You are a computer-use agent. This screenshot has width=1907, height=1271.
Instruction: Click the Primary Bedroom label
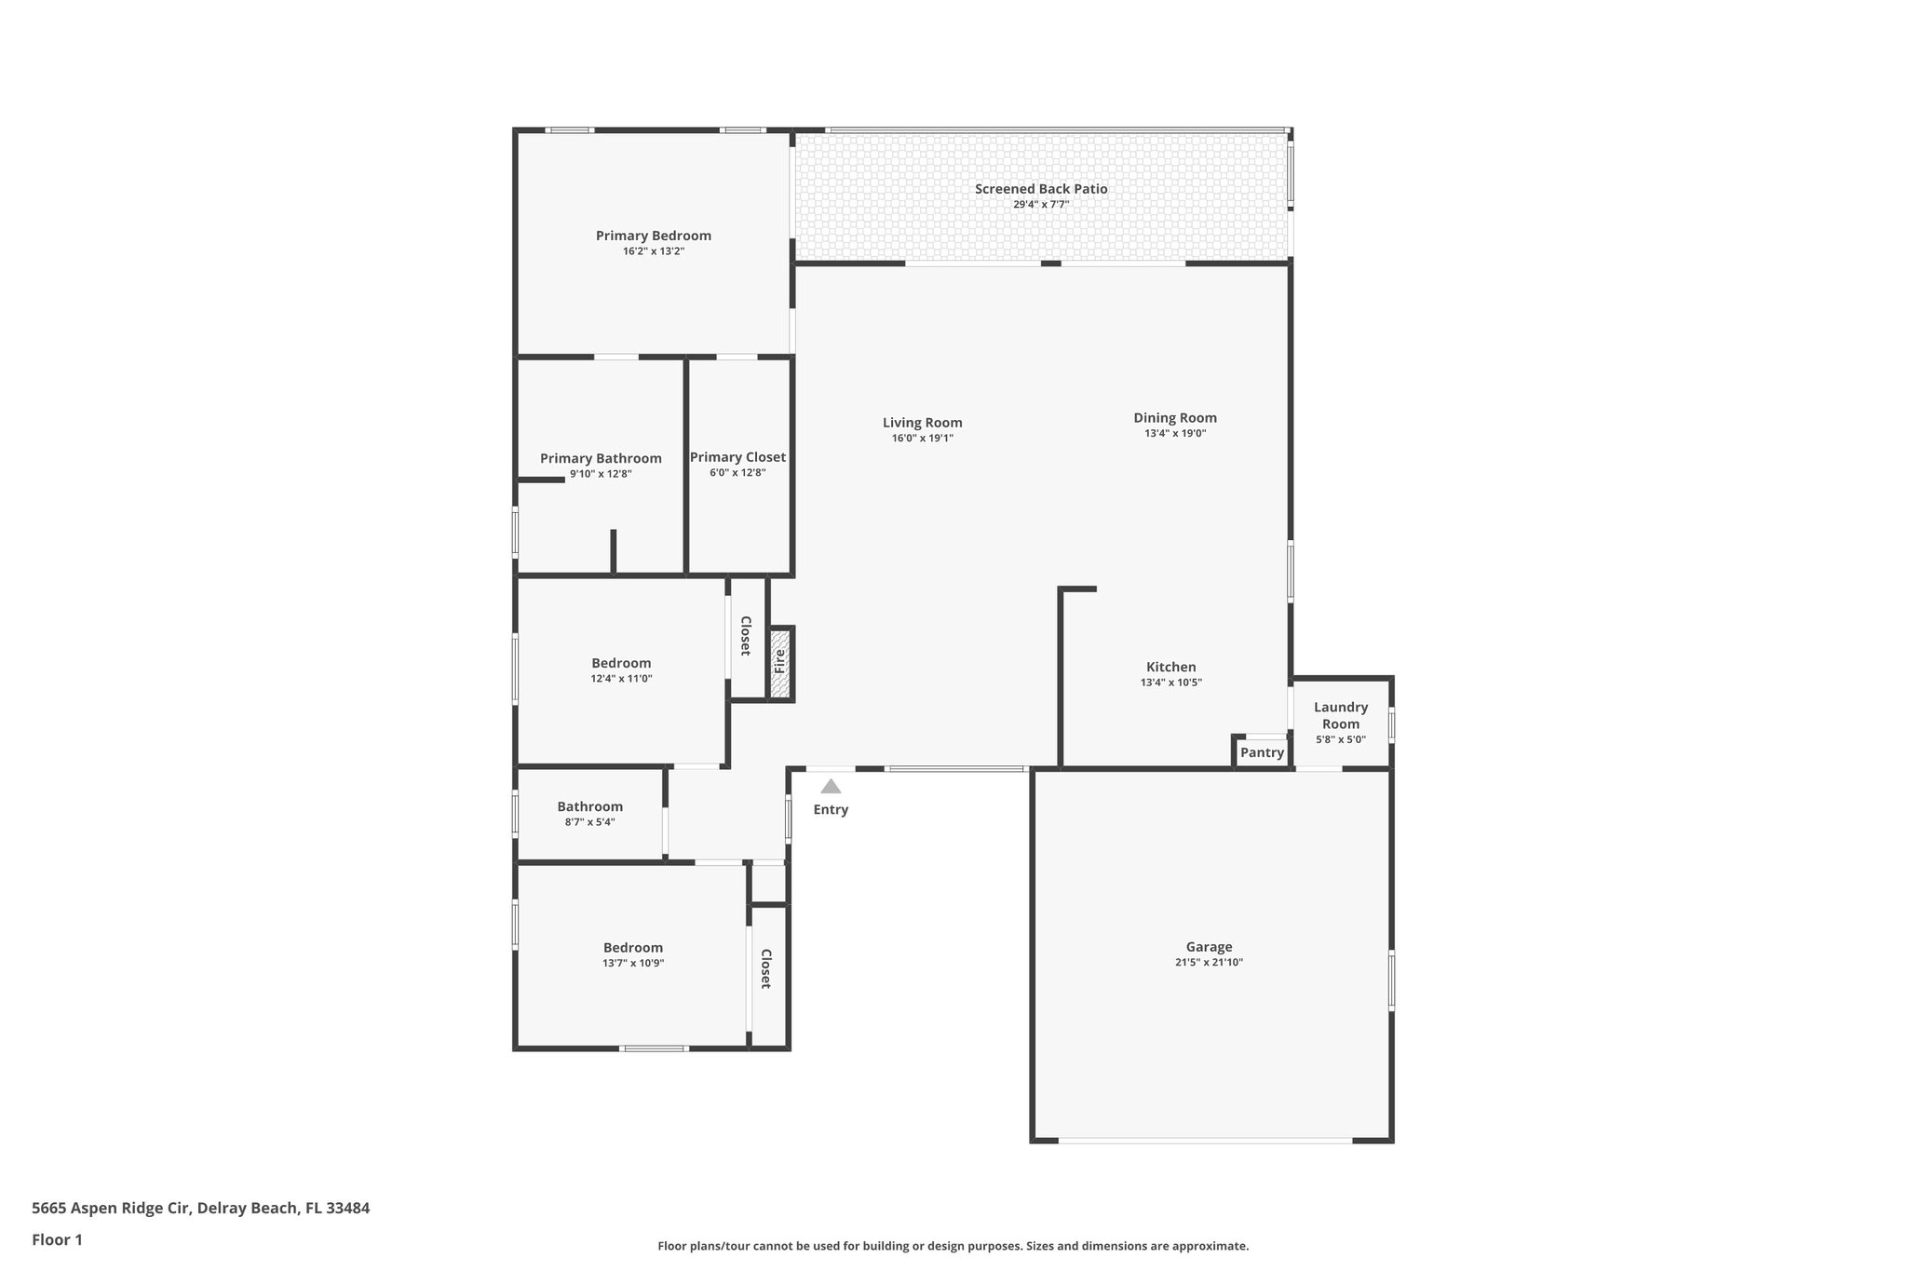(653, 236)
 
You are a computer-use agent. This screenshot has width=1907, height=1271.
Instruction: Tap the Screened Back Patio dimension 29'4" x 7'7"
(1041, 204)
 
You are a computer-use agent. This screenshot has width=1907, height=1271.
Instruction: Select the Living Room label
(922, 423)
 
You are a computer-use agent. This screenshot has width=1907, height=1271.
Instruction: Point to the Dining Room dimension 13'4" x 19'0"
(1175, 433)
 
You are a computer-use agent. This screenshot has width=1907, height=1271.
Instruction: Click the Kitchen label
(1170, 667)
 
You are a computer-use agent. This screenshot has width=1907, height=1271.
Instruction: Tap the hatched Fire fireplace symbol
(780, 663)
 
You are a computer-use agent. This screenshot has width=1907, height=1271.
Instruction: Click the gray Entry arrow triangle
(831, 787)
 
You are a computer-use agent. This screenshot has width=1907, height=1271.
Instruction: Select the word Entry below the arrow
(831, 810)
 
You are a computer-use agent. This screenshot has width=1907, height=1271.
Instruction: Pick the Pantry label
(1262, 752)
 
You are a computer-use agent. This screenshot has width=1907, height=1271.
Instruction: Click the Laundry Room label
(1341, 715)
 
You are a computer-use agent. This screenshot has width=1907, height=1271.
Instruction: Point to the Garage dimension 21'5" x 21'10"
(1209, 963)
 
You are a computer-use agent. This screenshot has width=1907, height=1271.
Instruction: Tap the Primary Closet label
(737, 457)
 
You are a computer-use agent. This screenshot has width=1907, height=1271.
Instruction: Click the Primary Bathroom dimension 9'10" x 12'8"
(601, 474)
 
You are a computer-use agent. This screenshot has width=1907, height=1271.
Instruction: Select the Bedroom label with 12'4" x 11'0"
(621, 663)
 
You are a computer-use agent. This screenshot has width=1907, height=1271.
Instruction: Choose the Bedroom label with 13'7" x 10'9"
(632, 948)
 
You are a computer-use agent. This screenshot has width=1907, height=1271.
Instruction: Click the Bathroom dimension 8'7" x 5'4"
(589, 822)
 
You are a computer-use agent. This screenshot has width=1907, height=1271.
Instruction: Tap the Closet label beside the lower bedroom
(765, 968)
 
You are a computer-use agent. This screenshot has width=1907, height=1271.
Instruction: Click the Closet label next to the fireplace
(745, 636)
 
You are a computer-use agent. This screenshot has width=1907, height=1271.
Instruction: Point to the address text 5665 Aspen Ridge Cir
(112, 1209)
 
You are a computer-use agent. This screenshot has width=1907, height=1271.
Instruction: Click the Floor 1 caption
(57, 1239)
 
